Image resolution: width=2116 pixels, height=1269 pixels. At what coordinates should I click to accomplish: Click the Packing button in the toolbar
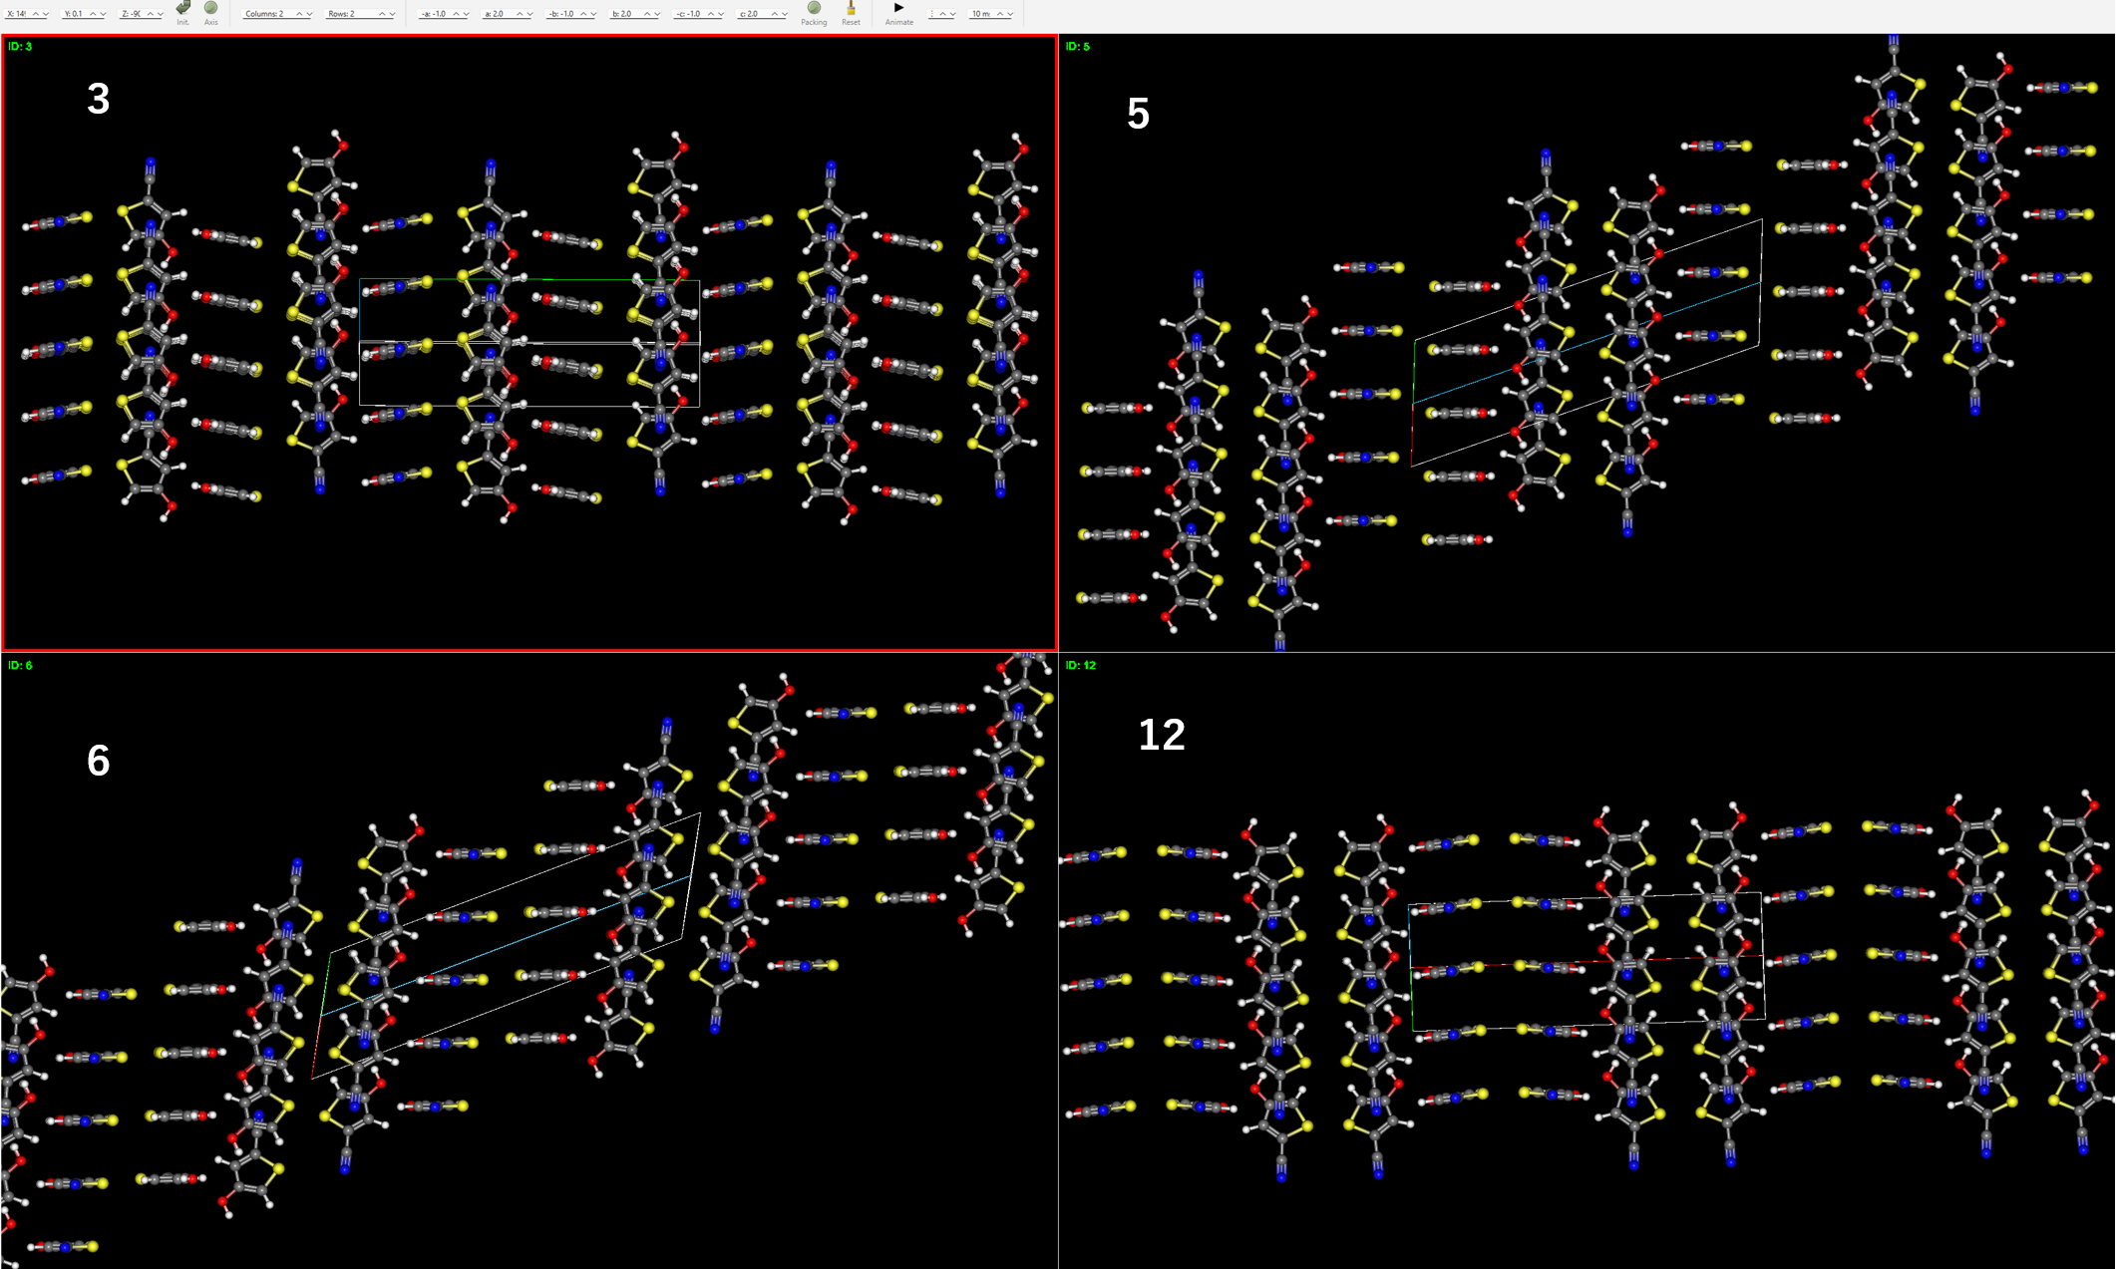point(814,12)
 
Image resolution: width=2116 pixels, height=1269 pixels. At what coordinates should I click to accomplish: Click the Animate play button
point(898,11)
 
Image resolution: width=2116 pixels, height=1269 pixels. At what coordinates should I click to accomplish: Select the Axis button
point(211,12)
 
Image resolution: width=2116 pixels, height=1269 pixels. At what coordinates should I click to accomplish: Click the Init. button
point(183,12)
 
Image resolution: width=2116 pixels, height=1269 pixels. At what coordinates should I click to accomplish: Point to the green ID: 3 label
point(20,47)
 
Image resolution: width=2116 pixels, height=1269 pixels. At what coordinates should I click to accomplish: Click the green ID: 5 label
point(1078,47)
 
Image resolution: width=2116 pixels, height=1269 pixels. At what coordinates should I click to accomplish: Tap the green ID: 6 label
point(20,666)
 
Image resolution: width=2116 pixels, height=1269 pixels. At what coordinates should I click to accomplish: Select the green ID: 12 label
point(1081,666)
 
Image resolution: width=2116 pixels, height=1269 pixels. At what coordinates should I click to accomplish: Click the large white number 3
point(98,99)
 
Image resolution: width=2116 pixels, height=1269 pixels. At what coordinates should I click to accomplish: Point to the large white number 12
point(1162,736)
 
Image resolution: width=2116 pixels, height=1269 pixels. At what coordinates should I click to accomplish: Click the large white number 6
point(98,762)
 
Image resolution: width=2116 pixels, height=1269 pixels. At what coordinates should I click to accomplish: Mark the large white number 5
point(1138,115)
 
